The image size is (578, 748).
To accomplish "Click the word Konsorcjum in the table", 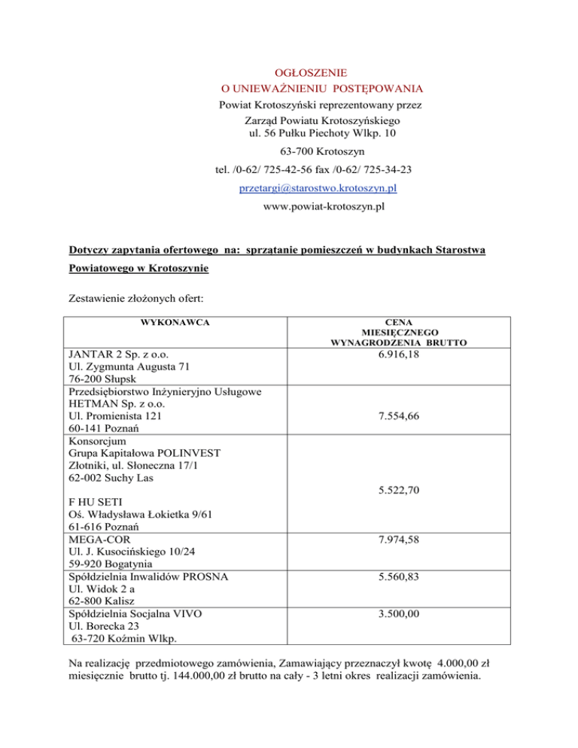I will click(x=95, y=440).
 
